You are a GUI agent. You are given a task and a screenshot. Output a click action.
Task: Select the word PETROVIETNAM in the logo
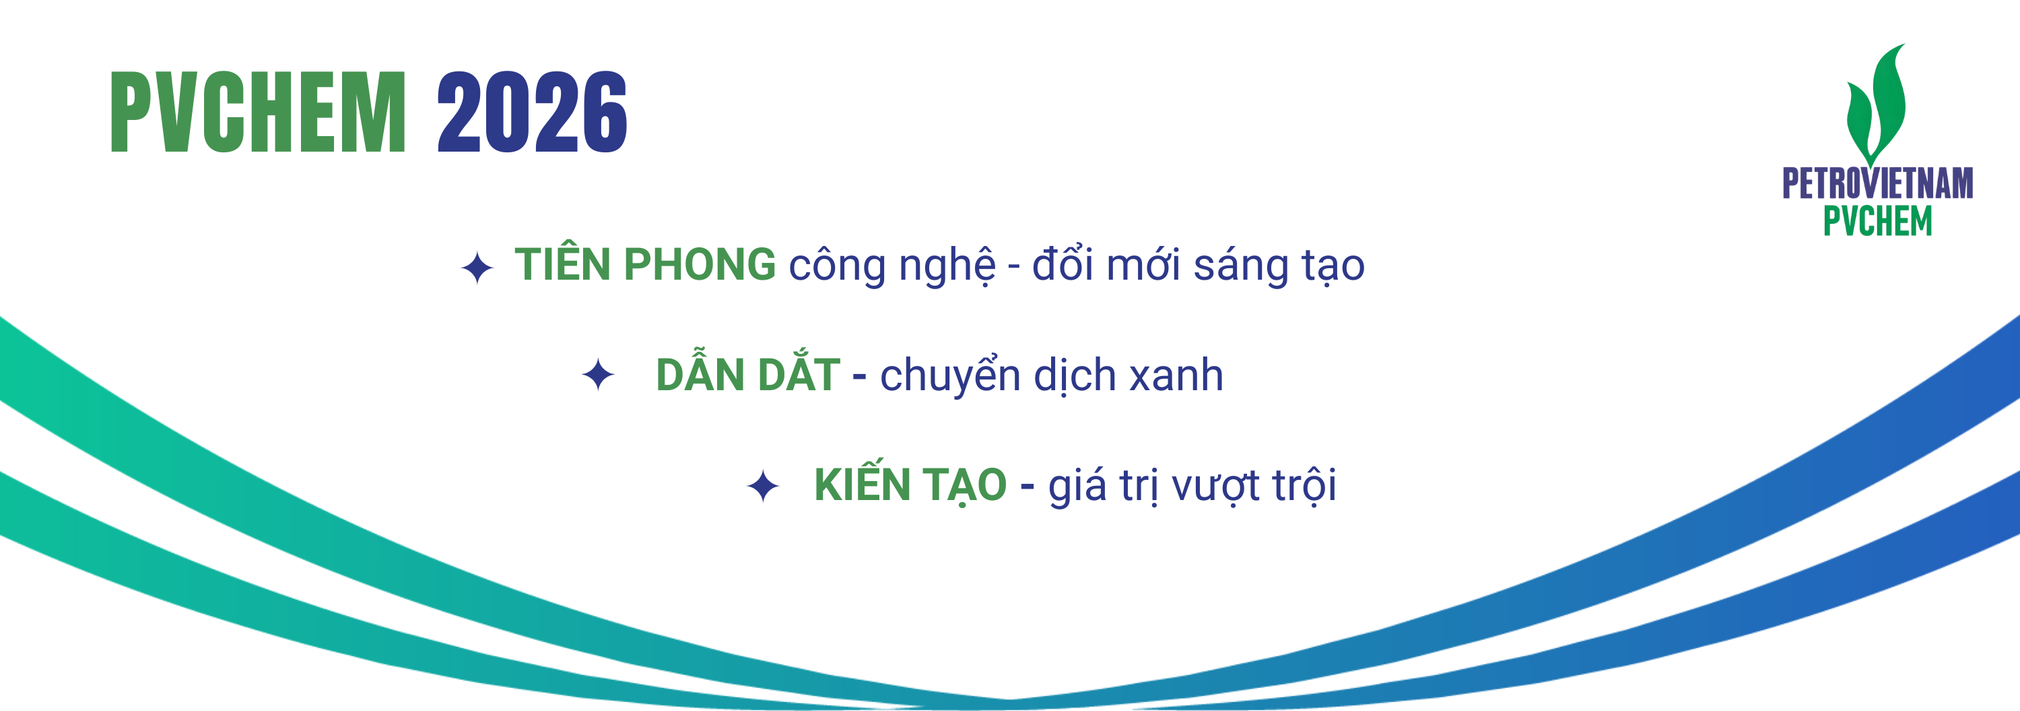1877,183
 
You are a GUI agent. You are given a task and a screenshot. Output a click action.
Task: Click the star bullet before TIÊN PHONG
477,268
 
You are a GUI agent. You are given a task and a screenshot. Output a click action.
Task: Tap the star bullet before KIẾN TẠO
763,486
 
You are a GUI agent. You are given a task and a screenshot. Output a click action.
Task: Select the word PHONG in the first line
700,264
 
